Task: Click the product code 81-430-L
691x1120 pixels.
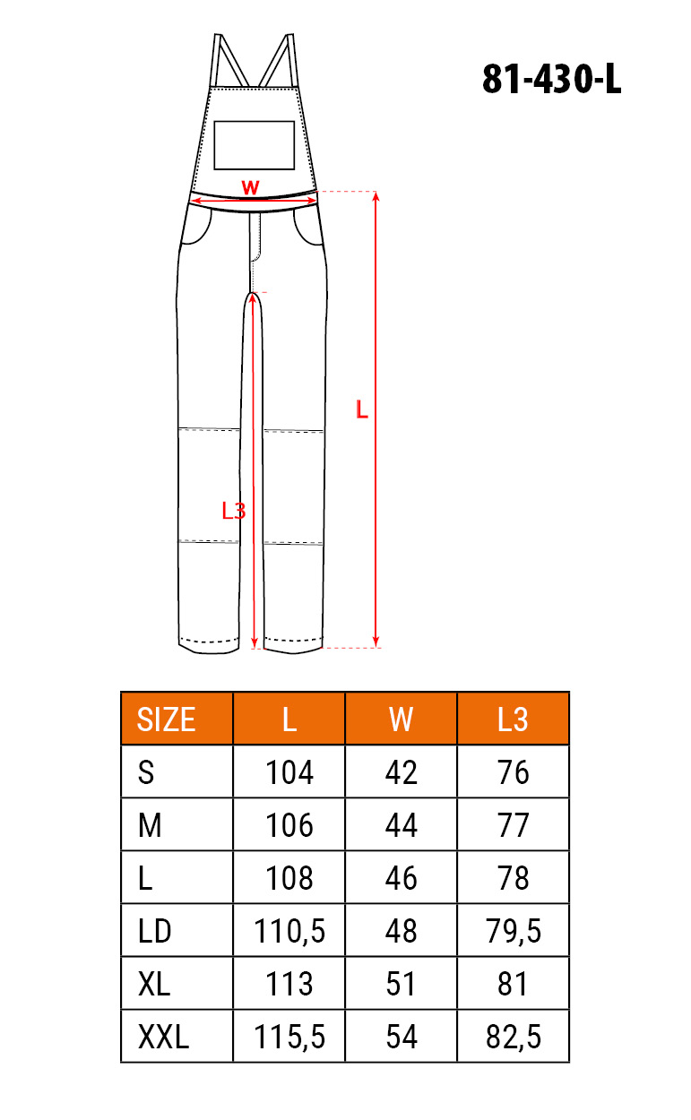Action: pyautogui.click(x=551, y=80)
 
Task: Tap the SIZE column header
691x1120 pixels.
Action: pyautogui.click(x=166, y=720)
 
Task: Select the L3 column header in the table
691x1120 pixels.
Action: pyautogui.click(x=513, y=720)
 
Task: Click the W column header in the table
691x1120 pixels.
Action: pyautogui.click(x=401, y=720)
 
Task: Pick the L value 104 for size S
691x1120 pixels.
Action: pyautogui.click(x=289, y=772)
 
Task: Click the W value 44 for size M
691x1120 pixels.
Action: pyautogui.click(x=401, y=825)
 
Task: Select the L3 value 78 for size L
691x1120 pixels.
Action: pyautogui.click(x=513, y=878)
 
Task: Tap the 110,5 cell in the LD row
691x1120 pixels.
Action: pyautogui.click(x=289, y=932)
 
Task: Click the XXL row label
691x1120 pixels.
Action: pyautogui.click(x=163, y=1038)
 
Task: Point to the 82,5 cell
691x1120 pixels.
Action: pyautogui.click(x=514, y=1038)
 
